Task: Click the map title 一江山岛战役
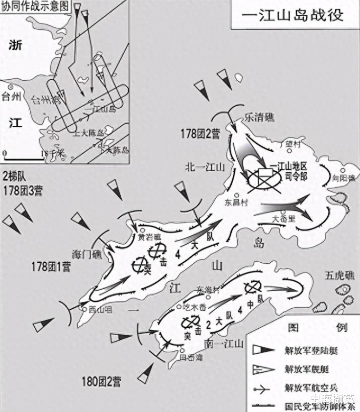pyautogui.click(x=294, y=14)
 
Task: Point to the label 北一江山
pyautogui.click(x=204, y=167)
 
